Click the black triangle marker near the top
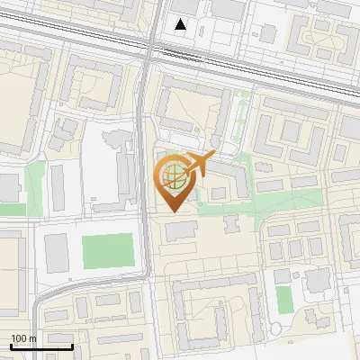[181, 24]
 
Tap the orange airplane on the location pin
[198, 163]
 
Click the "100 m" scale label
[24, 338]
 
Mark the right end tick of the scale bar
[72, 346]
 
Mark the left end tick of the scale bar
[12, 346]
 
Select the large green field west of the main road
[107, 251]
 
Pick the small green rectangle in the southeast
[284, 300]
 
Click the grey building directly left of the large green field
[57, 254]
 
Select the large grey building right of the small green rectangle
[318, 284]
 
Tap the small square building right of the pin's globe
[218, 193]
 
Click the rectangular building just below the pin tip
[178, 231]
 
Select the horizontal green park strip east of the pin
[270, 201]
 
